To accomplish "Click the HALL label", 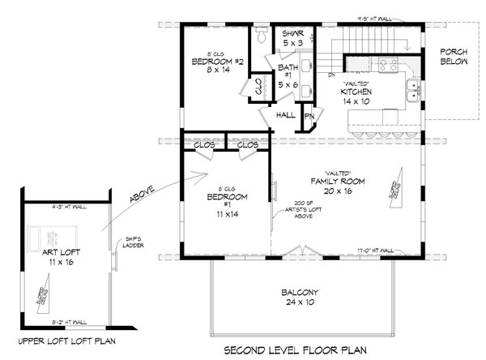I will [x=286, y=115].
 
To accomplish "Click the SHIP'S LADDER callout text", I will [x=134, y=245].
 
